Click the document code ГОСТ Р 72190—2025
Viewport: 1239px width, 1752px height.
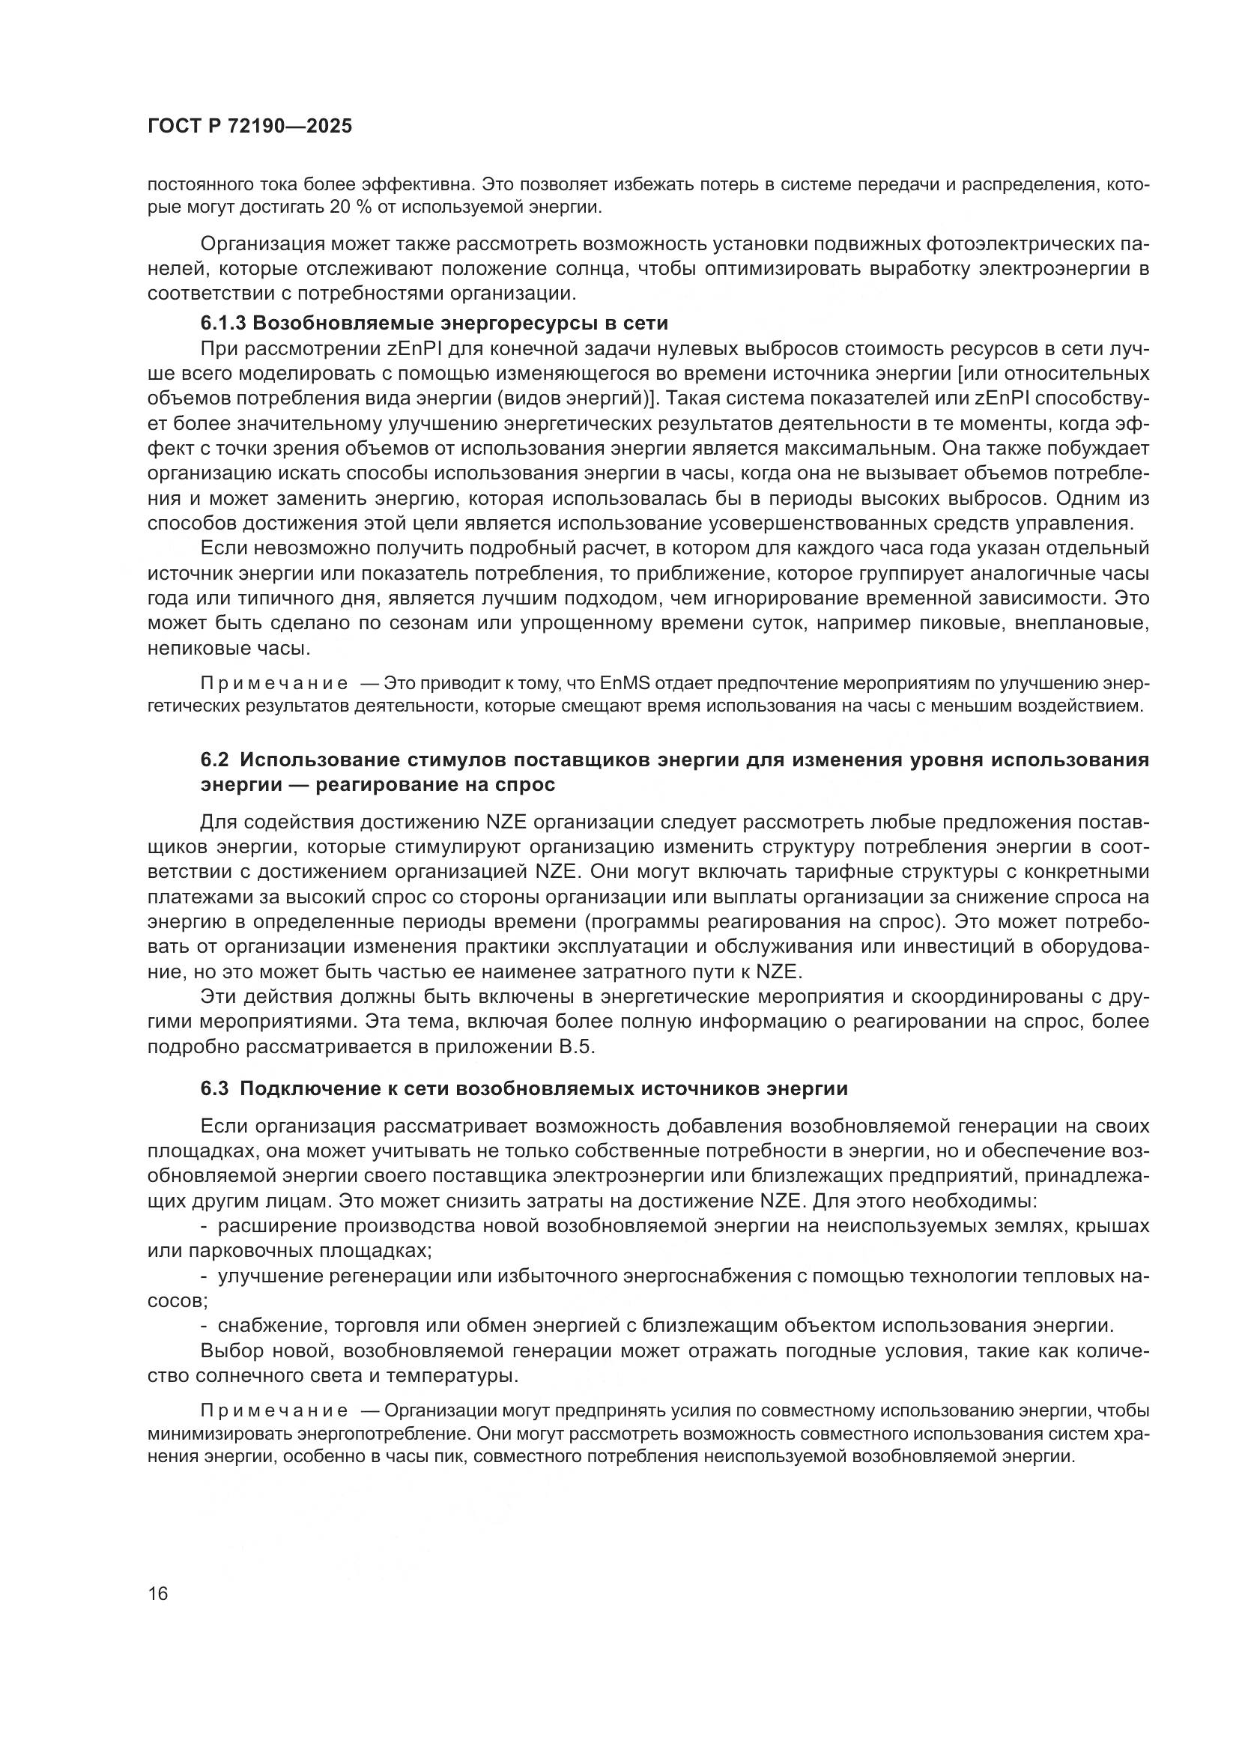point(249,127)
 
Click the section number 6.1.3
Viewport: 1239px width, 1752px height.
point(222,324)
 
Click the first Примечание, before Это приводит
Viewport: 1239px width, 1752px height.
point(274,683)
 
